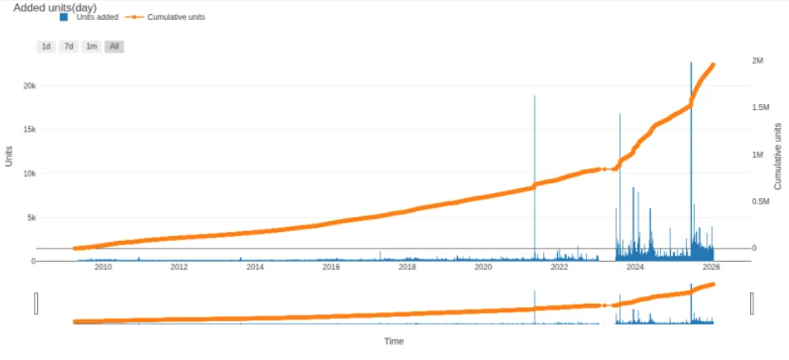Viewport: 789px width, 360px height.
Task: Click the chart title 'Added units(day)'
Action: [x=55, y=7]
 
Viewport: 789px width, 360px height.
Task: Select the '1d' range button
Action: [x=46, y=46]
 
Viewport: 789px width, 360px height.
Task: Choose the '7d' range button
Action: [x=69, y=46]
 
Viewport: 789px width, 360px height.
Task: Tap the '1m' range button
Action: [x=92, y=46]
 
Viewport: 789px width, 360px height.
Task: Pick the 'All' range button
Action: [x=114, y=46]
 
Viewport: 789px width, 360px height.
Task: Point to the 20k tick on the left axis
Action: [x=28, y=86]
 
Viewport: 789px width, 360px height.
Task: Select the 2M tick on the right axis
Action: [x=758, y=61]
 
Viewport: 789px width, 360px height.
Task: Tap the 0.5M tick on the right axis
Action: [x=760, y=201]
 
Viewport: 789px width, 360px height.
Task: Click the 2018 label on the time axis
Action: [x=407, y=268]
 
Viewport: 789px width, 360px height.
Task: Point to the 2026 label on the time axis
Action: [x=711, y=268]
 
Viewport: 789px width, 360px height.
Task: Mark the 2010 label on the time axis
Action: [x=103, y=268]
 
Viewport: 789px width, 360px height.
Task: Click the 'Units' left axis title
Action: [x=9, y=156]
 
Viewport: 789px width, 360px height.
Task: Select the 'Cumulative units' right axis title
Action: [x=777, y=155]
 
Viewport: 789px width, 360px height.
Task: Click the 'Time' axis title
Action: [x=394, y=341]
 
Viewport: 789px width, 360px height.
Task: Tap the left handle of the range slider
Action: [x=36, y=303]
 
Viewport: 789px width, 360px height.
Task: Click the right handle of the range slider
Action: [x=752, y=303]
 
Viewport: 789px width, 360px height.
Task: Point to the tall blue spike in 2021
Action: [x=534, y=165]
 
